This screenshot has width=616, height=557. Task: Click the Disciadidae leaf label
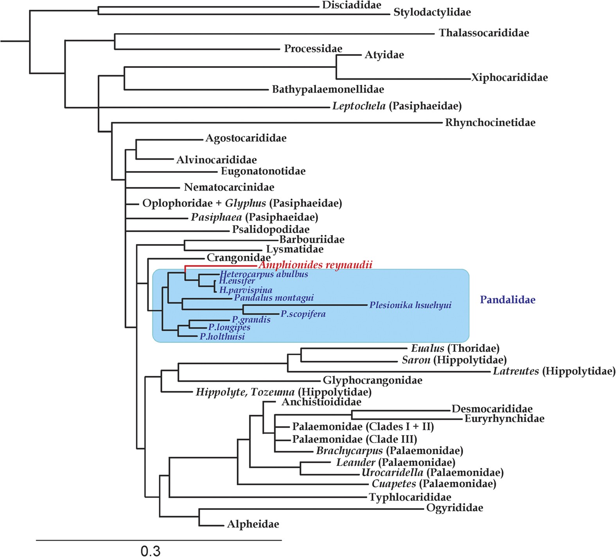coord(351,5)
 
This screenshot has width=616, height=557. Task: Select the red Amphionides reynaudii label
coord(315,265)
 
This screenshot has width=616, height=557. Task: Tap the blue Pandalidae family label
coord(508,300)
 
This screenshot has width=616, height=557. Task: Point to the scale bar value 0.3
coord(151,551)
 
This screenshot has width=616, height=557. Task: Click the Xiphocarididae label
coord(509,77)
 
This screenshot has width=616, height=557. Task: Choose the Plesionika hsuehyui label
coord(410,305)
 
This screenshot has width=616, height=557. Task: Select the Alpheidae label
coord(253,524)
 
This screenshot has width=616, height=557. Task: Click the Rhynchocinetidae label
coord(490,123)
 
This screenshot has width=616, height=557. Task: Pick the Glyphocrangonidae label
coord(372,380)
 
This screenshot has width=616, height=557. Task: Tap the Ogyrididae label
coord(454,508)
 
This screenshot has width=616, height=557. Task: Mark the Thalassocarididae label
coord(484,33)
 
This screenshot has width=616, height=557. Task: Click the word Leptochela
coord(359,106)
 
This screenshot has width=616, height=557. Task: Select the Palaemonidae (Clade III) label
coord(354,439)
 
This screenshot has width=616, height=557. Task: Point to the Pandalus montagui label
coord(274,298)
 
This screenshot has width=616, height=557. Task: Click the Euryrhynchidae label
coord(504,419)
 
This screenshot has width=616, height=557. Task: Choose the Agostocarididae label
coord(246,138)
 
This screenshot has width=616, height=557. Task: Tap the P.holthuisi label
coord(222,337)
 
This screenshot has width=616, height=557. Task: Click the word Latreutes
coord(515,371)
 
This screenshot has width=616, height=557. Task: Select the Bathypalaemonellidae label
coord(328,90)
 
